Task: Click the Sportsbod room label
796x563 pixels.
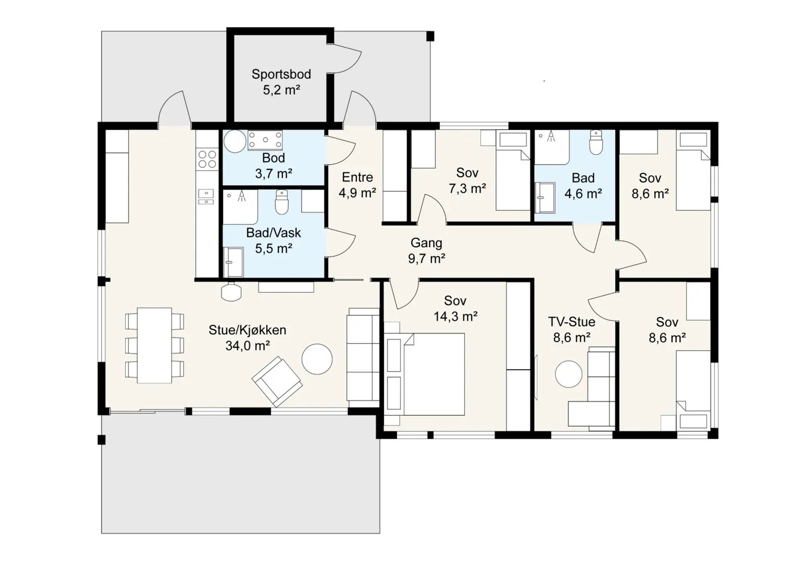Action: click(x=281, y=74)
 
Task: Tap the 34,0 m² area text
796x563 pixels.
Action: click(x=248, y=346)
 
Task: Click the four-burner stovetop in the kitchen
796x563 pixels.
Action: click(x=207, y=159)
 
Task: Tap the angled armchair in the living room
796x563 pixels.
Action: click(x=277, y=381)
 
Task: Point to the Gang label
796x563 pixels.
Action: click(x=426, y=243)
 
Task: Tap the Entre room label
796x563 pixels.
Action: click(x=357, y=177)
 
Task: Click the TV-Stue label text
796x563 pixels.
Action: click(x=572, y=322)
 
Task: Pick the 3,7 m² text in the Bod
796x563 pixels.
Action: click(x=274, y=173)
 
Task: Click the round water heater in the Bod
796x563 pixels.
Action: click(x=235, y=141)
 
